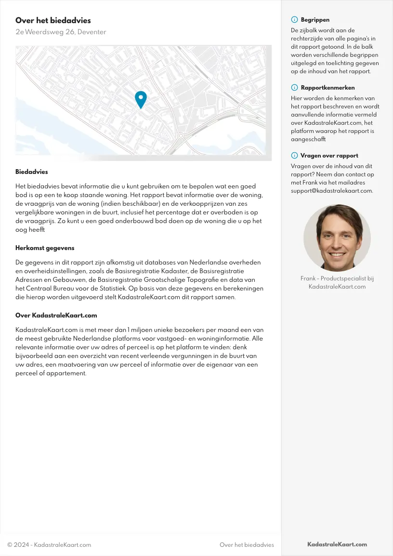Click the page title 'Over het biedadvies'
pos(53,20)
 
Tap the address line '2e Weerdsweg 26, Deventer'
pos(61,32)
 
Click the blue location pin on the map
pos(141,99)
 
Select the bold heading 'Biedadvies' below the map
pos(32,172)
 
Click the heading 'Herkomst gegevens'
pos(45,248)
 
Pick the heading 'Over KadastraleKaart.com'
pos(56,315)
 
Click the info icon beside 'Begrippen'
pos(294,20)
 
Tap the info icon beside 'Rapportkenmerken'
pos(294,88)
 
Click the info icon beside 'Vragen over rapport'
pos(294,156)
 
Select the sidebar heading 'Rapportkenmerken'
pos(327,88)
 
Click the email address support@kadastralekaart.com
pos(332,190)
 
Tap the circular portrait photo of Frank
pos(337,238)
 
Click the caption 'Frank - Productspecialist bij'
pos(337,278)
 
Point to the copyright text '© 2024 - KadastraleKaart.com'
pos(49,545)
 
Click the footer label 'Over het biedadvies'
pos(247,545)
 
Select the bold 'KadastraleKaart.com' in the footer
pos(337,544)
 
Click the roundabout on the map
pos(181,136)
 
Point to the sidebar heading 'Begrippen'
pos(315,20)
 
